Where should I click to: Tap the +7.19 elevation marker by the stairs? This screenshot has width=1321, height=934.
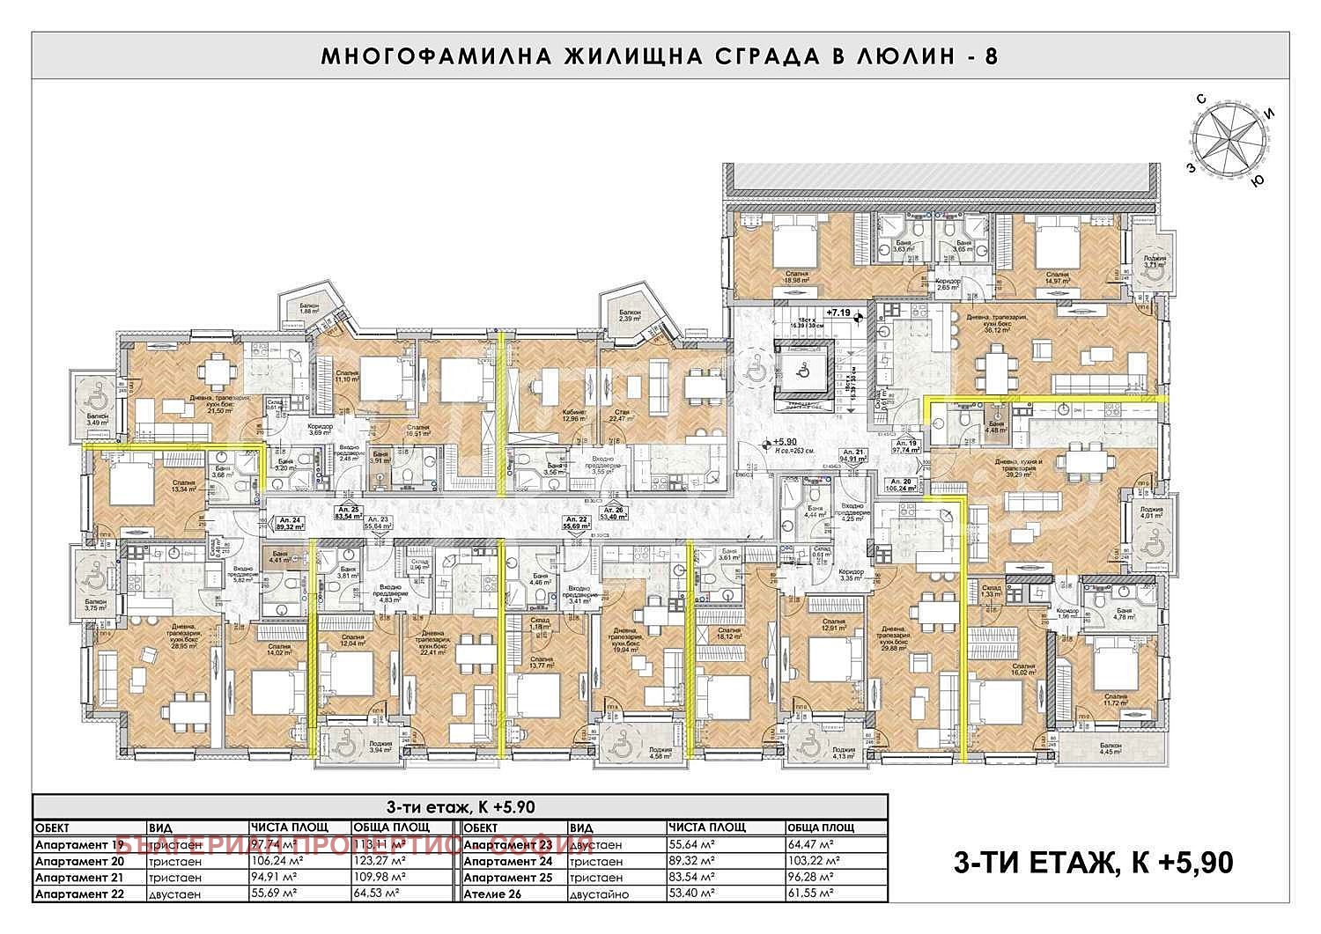840,313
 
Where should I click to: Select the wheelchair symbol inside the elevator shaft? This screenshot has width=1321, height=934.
803,371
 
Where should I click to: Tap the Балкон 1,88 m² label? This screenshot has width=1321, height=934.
308,308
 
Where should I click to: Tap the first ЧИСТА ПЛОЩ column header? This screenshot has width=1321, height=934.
290,827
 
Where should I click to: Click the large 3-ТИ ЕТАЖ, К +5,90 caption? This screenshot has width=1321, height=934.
1093,863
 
